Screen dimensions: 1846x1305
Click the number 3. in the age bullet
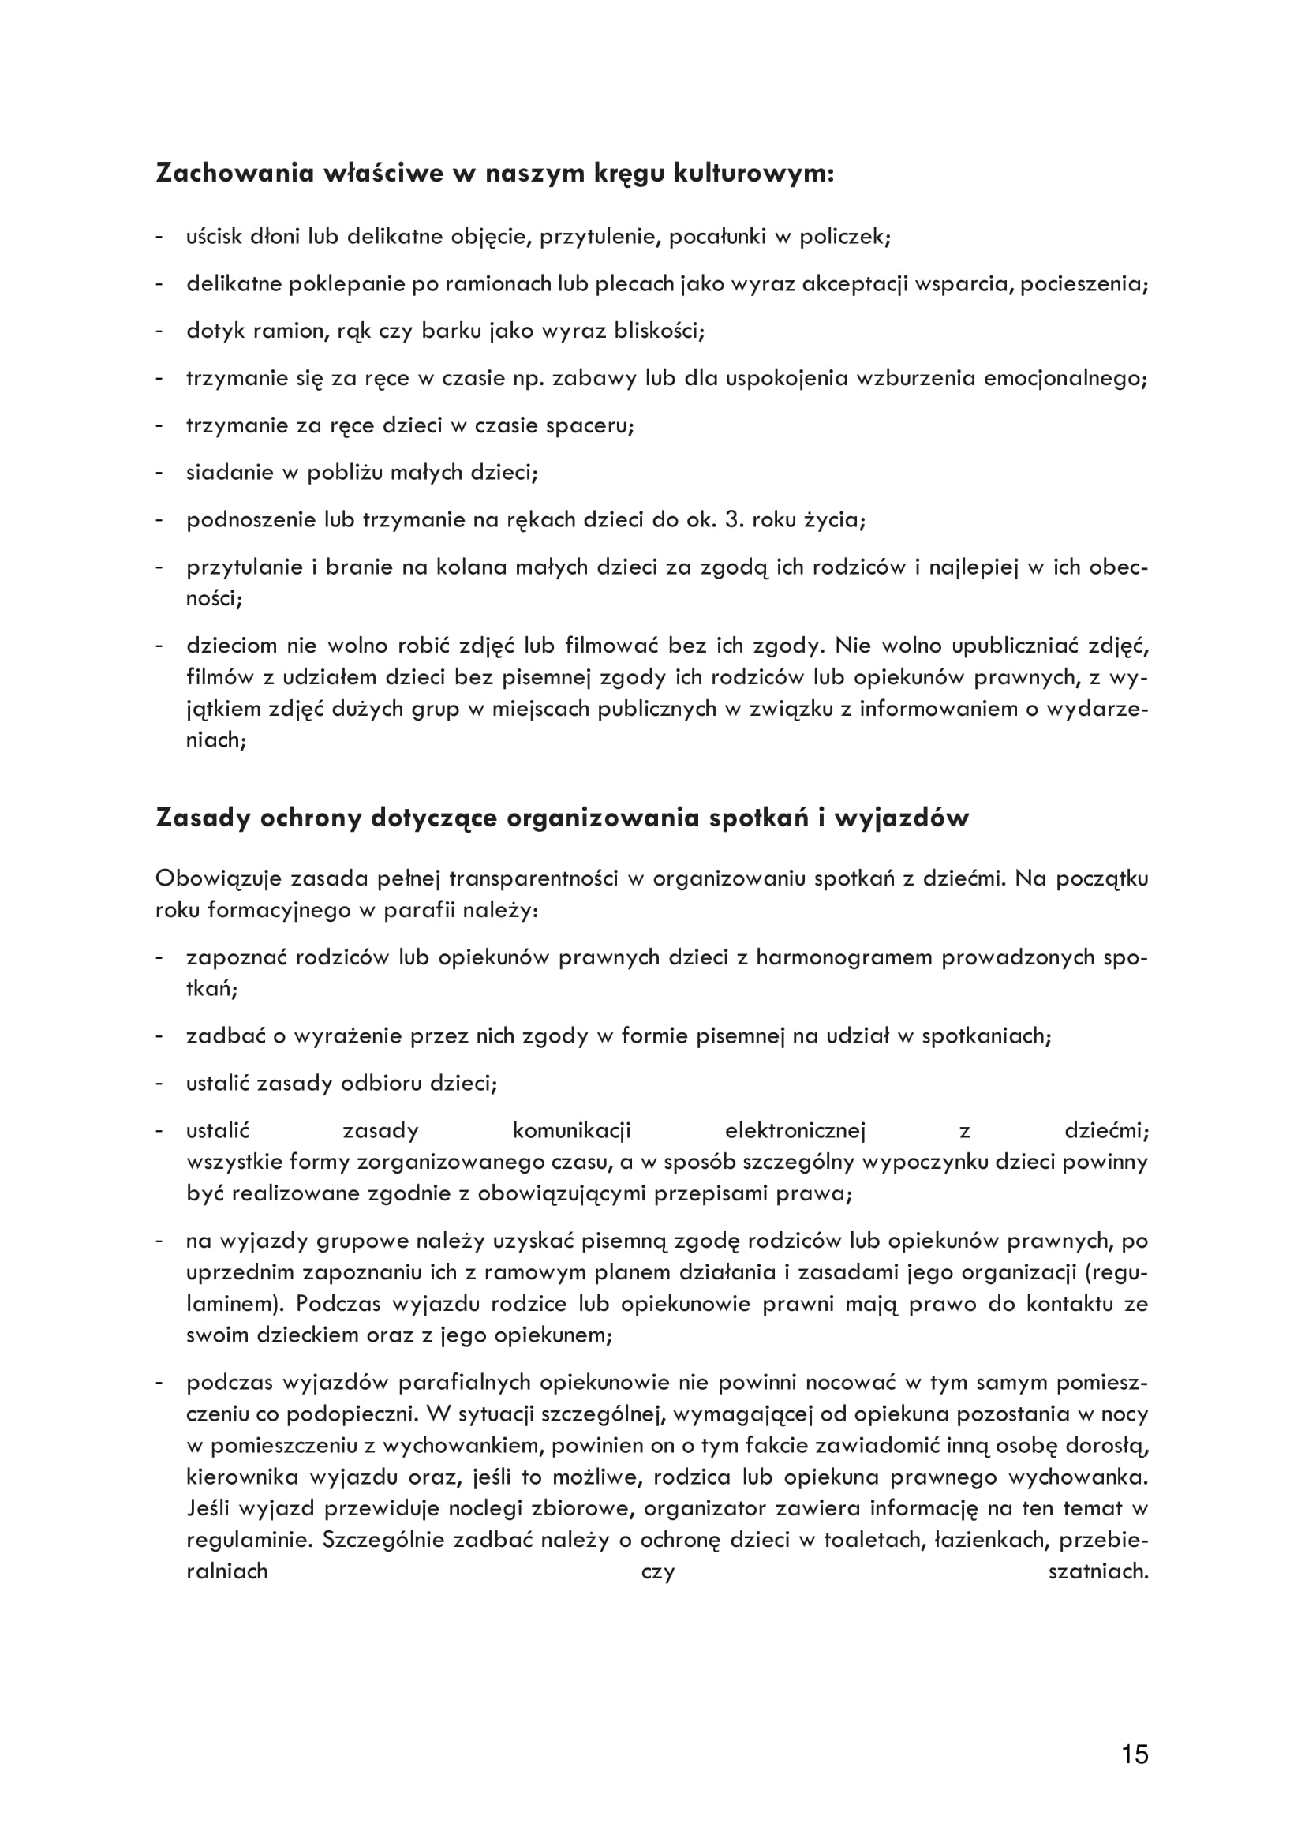tap(734, 519)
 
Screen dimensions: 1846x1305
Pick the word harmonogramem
tap(842, 957)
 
